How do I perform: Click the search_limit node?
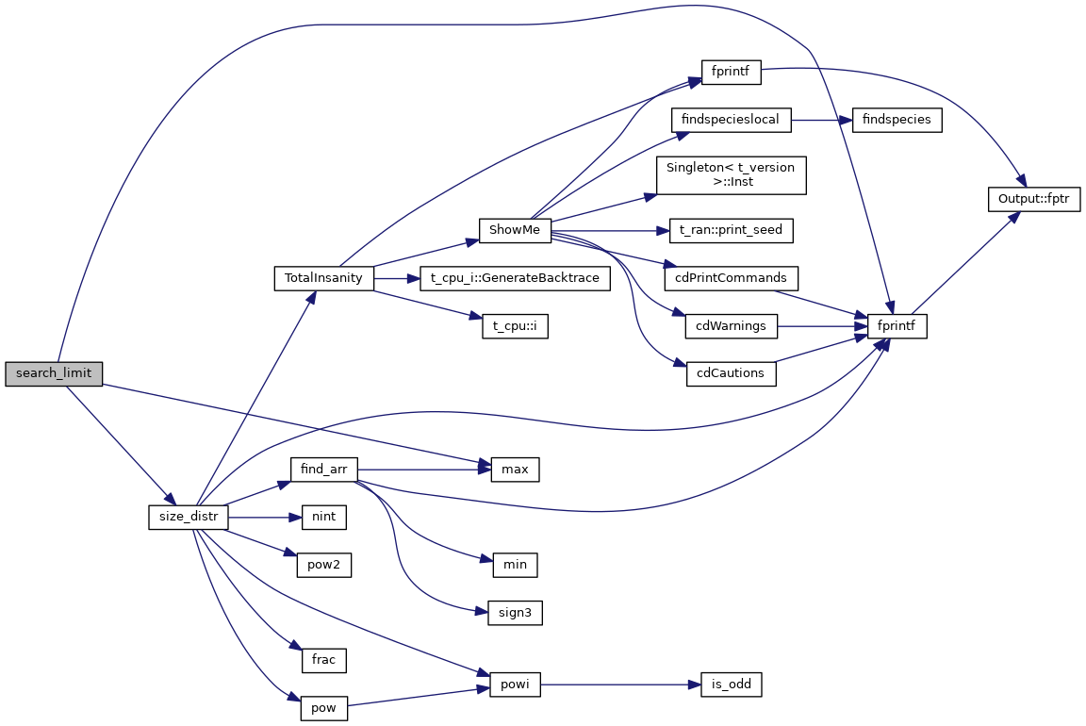point(54,372)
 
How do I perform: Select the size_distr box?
point(189,517)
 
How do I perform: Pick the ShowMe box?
point(514,230)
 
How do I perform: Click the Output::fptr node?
point(1033,199)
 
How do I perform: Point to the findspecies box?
point(897,121)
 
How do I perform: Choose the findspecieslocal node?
point(731,121)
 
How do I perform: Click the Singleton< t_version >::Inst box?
point(731,175)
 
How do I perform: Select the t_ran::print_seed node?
point(732,230)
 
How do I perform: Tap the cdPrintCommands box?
point(732,278)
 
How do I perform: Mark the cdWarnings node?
point(732,326)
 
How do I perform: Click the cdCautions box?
point(732,373)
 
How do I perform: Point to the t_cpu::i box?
point(514,326)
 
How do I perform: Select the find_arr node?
point(323,469)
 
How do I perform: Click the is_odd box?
point(731,685)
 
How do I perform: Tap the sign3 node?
point(515,613)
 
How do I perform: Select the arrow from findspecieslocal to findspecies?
point(820,121)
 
